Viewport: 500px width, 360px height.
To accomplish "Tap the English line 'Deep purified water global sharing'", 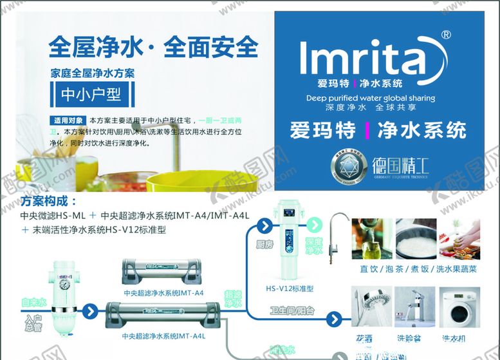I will [370, 99].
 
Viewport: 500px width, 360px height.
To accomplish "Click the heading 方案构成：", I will [49, 200].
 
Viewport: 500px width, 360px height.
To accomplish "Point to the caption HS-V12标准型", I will [290, 288].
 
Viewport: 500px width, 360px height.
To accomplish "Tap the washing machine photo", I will [460, 308].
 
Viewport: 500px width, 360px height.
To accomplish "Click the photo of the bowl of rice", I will [415, 239].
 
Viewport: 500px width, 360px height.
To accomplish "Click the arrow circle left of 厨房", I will [264, 226].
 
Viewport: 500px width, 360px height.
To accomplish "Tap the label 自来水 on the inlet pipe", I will [33, 301].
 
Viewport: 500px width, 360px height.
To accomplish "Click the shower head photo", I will [370, 308].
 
